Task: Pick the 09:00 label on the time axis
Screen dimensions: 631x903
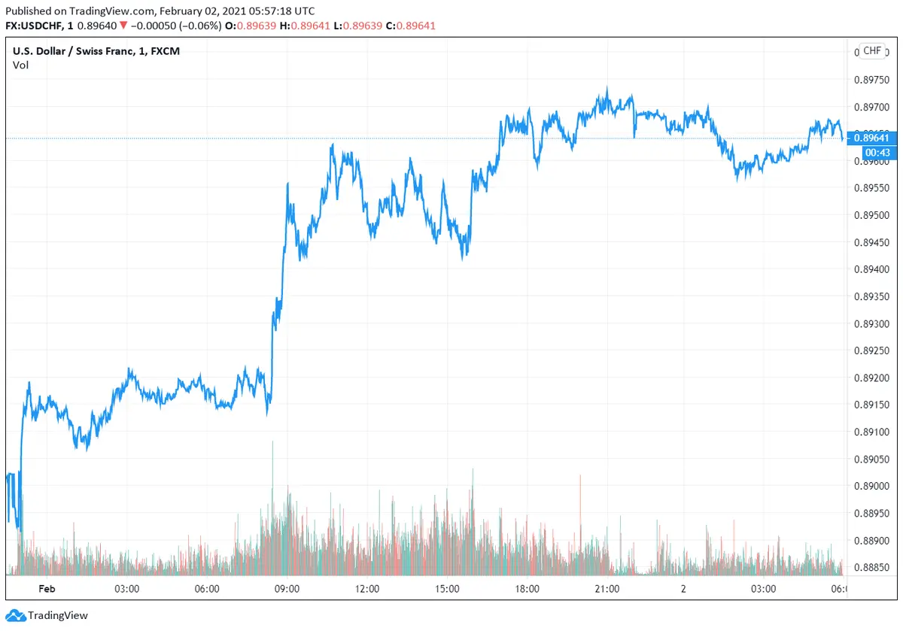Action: point(287,588)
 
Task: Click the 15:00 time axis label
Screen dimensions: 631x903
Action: point(447,588)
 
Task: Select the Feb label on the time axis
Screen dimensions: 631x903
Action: point(47,588)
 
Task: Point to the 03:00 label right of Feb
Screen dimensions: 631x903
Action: point(126,588)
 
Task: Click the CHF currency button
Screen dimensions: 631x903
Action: point(871,50)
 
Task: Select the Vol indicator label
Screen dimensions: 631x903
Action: point(20,65)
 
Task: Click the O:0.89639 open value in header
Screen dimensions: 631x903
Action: point(256,26)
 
